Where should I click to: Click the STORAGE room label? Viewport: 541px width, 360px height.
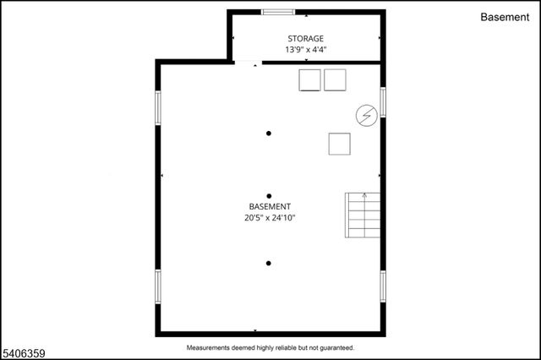tap(305, 39)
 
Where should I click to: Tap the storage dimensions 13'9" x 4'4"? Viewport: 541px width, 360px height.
tap(305, 50)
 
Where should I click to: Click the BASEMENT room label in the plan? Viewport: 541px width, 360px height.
tap(270, 206)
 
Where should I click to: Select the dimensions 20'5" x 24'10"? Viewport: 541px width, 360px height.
tap(270, 217)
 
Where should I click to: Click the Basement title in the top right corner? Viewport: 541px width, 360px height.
tap(505, 17)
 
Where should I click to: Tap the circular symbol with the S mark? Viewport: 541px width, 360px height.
tap(366, 115)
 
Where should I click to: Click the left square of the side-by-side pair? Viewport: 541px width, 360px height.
tap(310, 80)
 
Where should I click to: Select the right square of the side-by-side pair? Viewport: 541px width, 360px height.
tap(336, 80)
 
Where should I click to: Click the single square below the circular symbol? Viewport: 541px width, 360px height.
tap(340, 144)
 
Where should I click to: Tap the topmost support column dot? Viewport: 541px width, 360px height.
tap(269, 133)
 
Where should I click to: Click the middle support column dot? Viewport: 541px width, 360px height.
tap(269, 196)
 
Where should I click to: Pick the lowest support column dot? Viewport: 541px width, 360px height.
tap(269, 264)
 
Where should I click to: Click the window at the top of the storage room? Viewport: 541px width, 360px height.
tap(278, 12)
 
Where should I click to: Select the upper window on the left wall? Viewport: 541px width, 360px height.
tap(157, 108)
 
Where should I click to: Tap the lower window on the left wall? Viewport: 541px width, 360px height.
tap(157, 286)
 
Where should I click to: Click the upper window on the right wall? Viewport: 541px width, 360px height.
tap(382, 101)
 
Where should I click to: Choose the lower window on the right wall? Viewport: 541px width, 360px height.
tap(382, 286)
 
